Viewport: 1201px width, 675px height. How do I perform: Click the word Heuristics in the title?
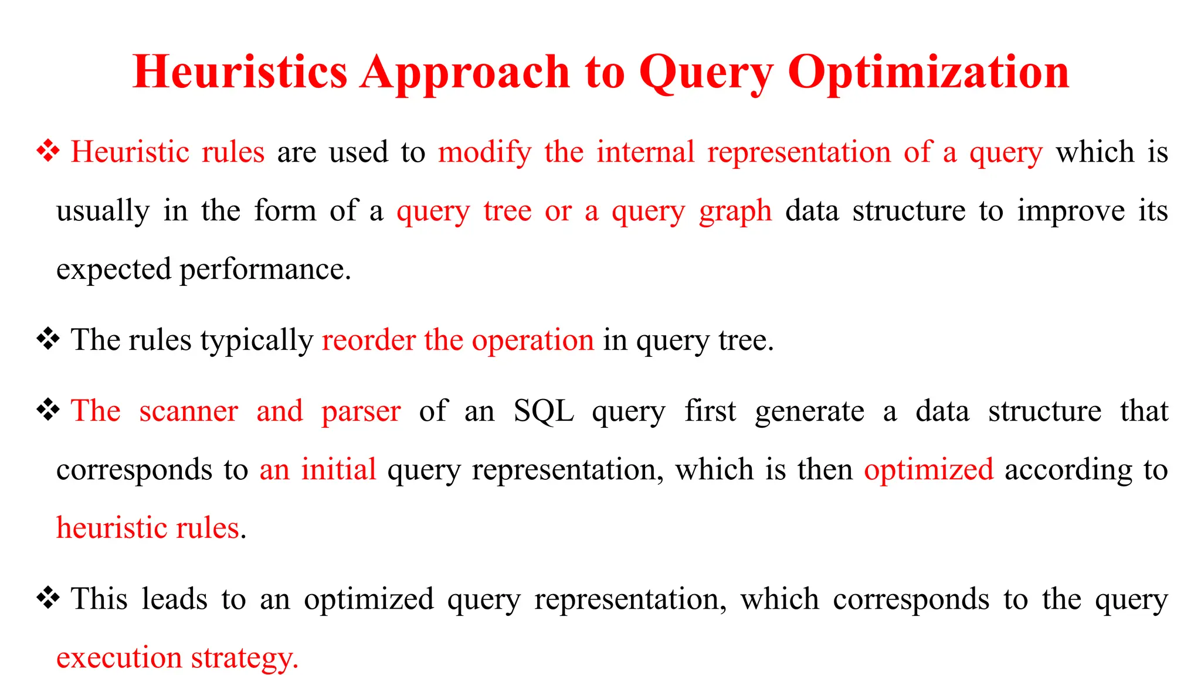click(240, 72)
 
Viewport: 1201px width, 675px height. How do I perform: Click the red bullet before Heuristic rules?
click(48, 152)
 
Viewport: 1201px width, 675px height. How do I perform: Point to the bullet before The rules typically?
click(48, 339)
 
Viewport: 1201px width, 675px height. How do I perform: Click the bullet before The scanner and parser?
click(48, 410)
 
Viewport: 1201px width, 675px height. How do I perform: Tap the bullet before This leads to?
click(48, 599)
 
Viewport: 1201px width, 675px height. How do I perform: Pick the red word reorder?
click(368, 340)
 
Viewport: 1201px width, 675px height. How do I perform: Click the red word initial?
click(338, 470)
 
